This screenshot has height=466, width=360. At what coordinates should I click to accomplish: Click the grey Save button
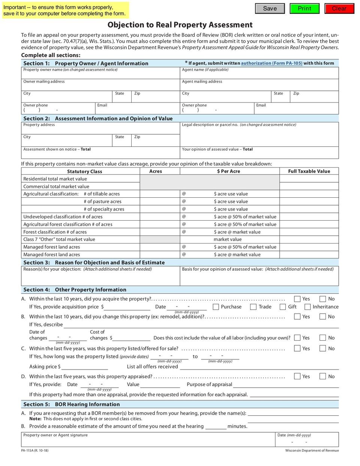tap(270, 9)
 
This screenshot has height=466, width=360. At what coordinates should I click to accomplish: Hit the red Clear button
tap(339, 9)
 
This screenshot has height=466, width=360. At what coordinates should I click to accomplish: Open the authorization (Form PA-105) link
tap(271, 63)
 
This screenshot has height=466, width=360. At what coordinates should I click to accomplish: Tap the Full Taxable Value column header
tap(309, 171)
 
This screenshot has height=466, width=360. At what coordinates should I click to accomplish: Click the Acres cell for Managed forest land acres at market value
tap(160, 255)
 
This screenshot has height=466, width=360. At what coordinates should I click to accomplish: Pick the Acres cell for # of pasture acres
tap(160, 202)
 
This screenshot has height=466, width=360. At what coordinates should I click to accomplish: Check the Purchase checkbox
tap(216, 307)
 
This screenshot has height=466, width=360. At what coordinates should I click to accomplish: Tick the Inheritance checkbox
tap(307, 307)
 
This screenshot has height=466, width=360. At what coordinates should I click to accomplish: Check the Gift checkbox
tap(283, 307)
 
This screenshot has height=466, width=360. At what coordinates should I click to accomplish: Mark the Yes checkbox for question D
tap(297, 376)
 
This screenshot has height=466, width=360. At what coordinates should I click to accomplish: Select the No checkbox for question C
tap(322, 349)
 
